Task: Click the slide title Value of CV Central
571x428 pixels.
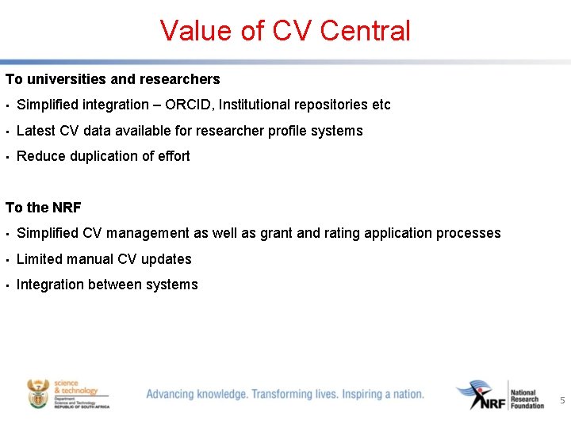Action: click(285, 31)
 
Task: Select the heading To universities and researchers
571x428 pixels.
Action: click(113, 79)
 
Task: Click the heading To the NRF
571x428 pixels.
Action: click(44, 208)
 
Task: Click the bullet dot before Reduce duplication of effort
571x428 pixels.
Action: click(6, 157)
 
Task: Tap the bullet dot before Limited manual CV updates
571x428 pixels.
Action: click(6, 260)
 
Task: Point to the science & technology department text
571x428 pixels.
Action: click(76, 388)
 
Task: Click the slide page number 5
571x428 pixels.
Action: click(562, 401)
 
